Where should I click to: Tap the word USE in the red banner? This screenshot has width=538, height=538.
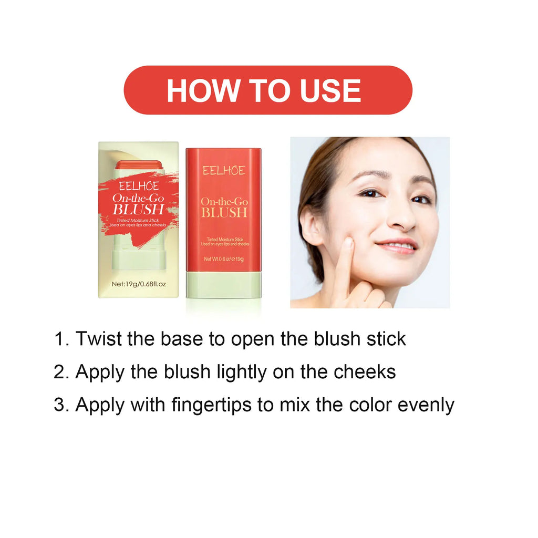click(x=330, y=90)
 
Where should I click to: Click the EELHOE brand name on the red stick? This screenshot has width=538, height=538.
click(x=224, y=170)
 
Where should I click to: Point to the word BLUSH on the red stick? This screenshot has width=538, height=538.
click(x=224, y=212)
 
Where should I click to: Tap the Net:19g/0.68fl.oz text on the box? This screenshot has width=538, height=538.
click(x=139, y=284)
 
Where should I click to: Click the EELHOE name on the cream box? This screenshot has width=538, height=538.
click(x=139, y=186)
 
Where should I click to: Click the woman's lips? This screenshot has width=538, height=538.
click(x=397, y=245)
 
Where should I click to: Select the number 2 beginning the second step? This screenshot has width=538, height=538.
click(x=59, y=372)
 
